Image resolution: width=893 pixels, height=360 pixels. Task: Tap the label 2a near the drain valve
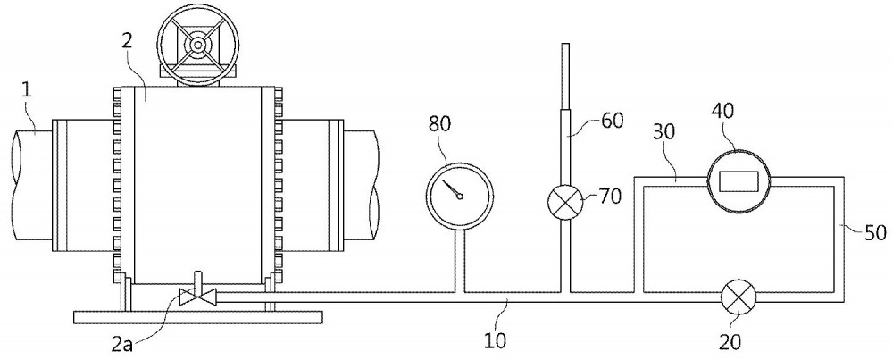click(x=121, y=344)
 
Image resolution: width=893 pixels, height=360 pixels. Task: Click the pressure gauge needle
click(x=453, y=189)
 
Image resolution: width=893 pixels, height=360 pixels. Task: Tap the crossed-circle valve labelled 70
click(x=564, y=202)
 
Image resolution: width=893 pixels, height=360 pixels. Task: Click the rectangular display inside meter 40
click(x=739, y=181)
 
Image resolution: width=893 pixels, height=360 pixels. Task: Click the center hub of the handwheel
click(x=197, y=44)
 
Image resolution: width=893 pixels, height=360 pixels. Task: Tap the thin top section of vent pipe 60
click(x=565, y=76)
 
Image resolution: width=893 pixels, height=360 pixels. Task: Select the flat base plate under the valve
click(x=198, y=317)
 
